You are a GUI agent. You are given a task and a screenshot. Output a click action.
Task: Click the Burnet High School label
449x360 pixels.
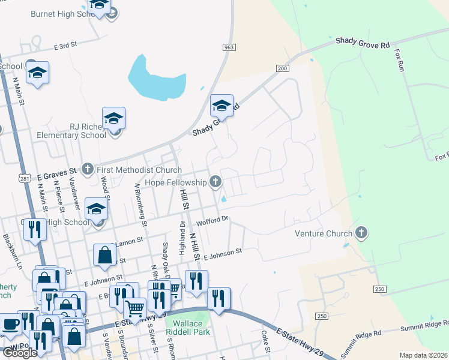pos(59,13)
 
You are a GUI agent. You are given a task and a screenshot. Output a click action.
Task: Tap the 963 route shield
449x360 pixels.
pos(228,47)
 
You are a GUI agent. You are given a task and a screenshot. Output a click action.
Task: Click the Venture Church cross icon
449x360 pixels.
pos(361,232)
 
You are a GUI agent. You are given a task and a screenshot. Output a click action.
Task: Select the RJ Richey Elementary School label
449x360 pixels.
pos(70,135)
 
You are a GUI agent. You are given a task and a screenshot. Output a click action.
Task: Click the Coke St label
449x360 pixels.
pos(264,341)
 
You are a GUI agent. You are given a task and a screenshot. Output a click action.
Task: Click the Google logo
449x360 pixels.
pos(20,353)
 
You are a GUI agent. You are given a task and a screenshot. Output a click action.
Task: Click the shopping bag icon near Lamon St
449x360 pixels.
pos(105,255)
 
